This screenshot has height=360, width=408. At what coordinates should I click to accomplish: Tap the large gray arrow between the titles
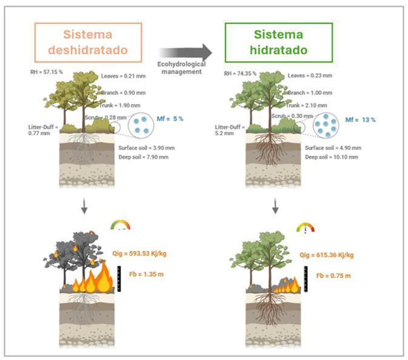pyautogui.click(x=186, y=53)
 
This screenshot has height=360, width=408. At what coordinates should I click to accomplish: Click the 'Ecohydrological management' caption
pyautogui.click(x=182, y=67)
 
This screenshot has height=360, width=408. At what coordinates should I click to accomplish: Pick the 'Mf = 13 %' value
pyautogui.click(x=360, y=119)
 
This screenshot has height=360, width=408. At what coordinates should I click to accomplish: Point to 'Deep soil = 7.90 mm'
pyautogui.click(x=143, y=157)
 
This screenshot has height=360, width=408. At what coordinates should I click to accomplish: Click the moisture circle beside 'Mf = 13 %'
pyautogui.click(x=328, y=123)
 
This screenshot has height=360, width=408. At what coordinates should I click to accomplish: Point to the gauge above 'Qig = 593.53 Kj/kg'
pyautogui.click(x=120, y=225)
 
